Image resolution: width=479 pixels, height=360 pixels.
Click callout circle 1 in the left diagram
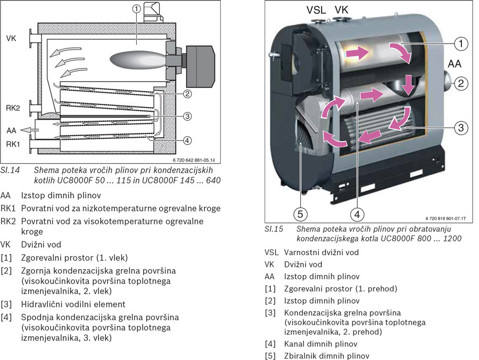[x=137, y=9]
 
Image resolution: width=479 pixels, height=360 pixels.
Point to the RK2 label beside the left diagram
[x=13, y=107]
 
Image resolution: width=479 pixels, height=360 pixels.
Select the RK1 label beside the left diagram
[x=13, y=144]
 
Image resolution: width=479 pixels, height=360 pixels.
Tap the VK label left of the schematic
[x=12, y=38]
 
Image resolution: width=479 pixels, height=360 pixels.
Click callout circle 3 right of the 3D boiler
[x=461, y=127]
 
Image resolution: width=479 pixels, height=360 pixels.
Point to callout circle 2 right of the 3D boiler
[x=461, y=83]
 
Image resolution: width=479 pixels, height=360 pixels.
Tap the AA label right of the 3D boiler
[x=455, y=64]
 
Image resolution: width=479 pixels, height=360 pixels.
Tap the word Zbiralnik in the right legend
[x=302, y=356]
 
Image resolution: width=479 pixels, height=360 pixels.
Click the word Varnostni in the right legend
[x=303, y=252]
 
